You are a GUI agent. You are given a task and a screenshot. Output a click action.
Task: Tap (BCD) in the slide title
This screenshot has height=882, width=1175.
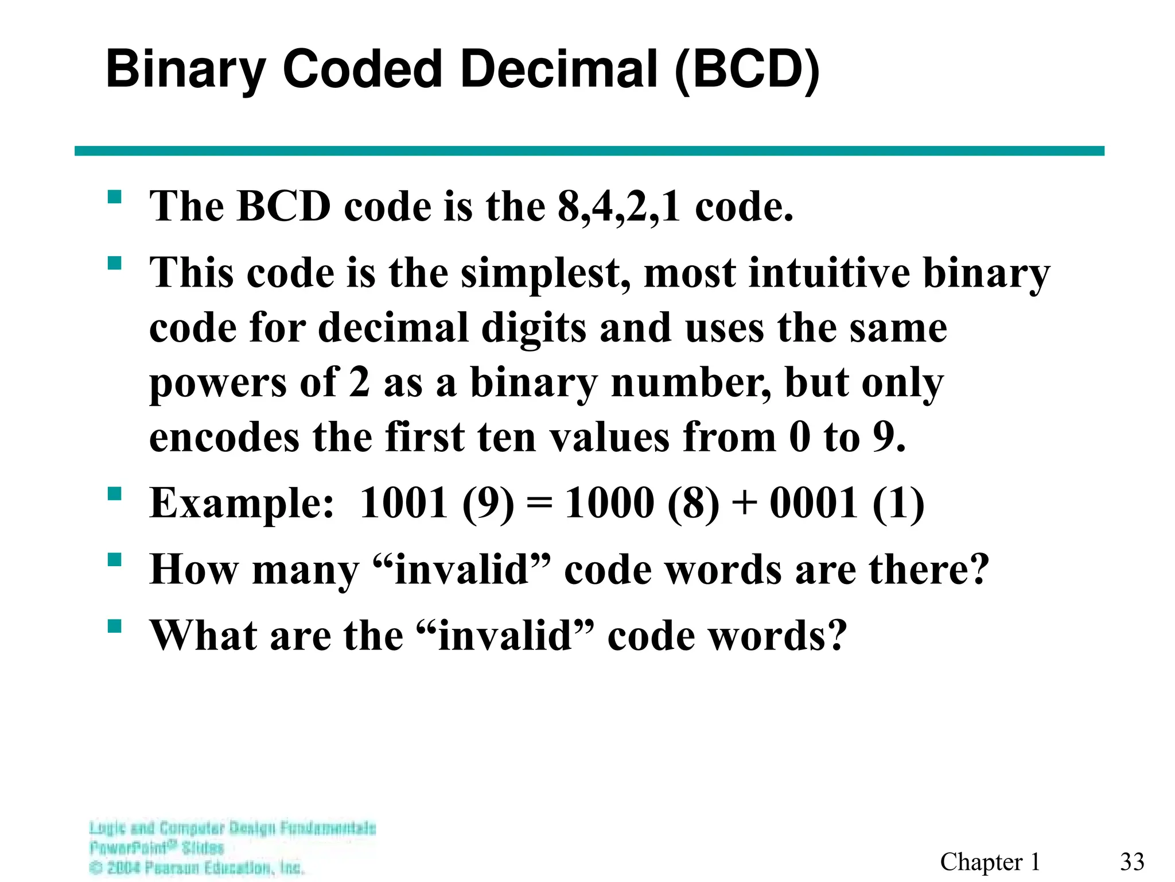pos(746,71)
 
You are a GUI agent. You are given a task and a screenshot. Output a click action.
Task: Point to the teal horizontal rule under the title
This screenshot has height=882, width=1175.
pos(589,151)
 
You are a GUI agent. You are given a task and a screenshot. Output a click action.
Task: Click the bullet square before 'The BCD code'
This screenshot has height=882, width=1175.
pos(115,198)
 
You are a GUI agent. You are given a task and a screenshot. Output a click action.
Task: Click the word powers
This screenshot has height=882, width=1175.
pos(217,384)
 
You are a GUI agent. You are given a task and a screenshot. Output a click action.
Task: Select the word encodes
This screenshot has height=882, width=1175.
pos(224,438)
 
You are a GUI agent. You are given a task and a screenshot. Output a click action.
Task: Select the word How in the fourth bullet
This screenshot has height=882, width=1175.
pos(194,570)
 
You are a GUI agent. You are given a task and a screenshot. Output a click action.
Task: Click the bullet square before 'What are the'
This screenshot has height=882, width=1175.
pos(115,626)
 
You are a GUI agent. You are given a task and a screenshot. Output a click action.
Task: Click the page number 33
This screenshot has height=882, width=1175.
pos(1132,862)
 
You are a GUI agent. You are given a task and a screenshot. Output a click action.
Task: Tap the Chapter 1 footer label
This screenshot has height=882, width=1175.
pos(990,862)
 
